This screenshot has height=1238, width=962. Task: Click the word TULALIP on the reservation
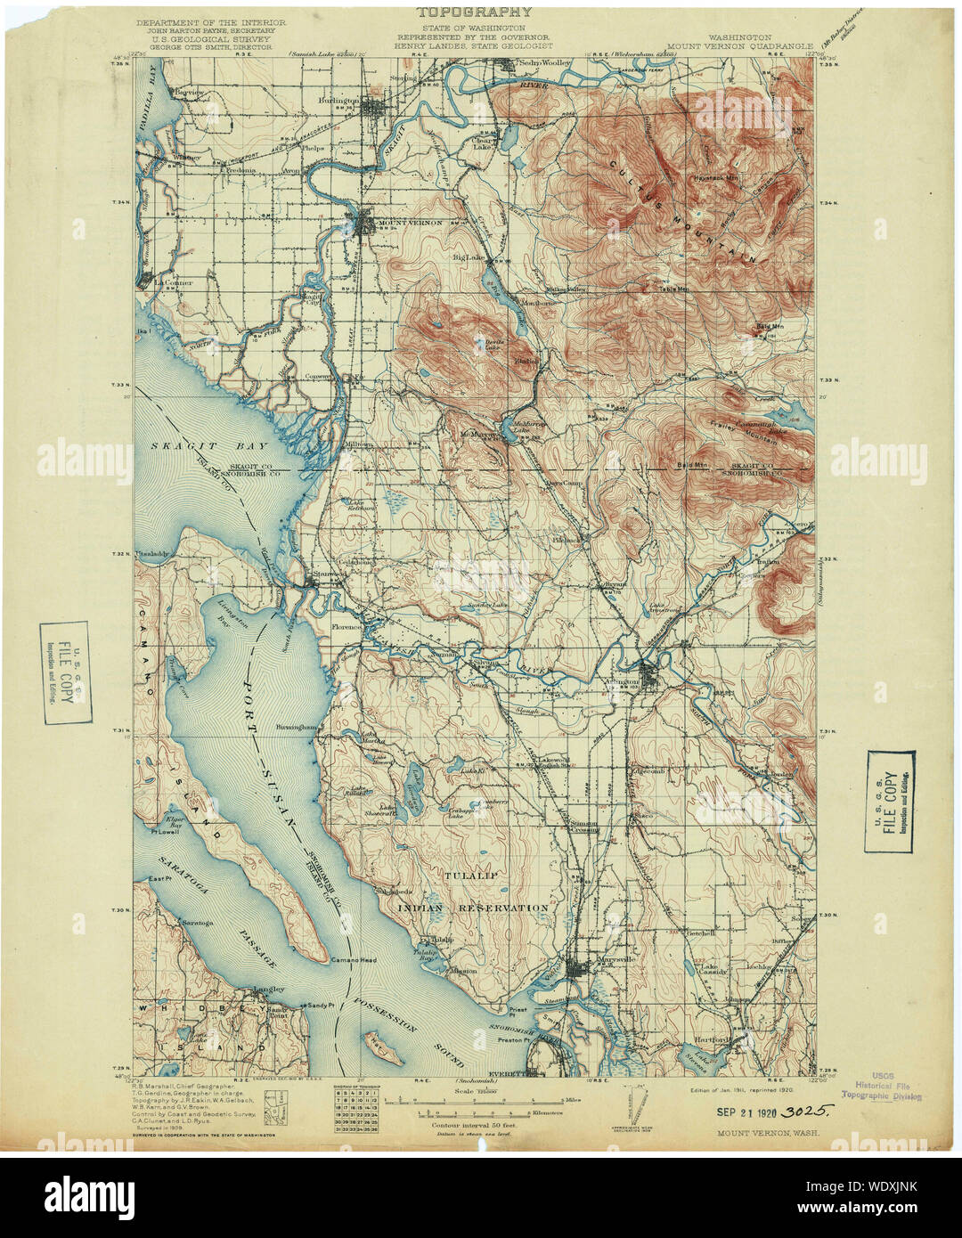pos(470,877)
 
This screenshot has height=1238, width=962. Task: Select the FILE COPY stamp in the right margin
pos(889,802)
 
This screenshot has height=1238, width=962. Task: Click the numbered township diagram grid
pos(351,1112)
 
